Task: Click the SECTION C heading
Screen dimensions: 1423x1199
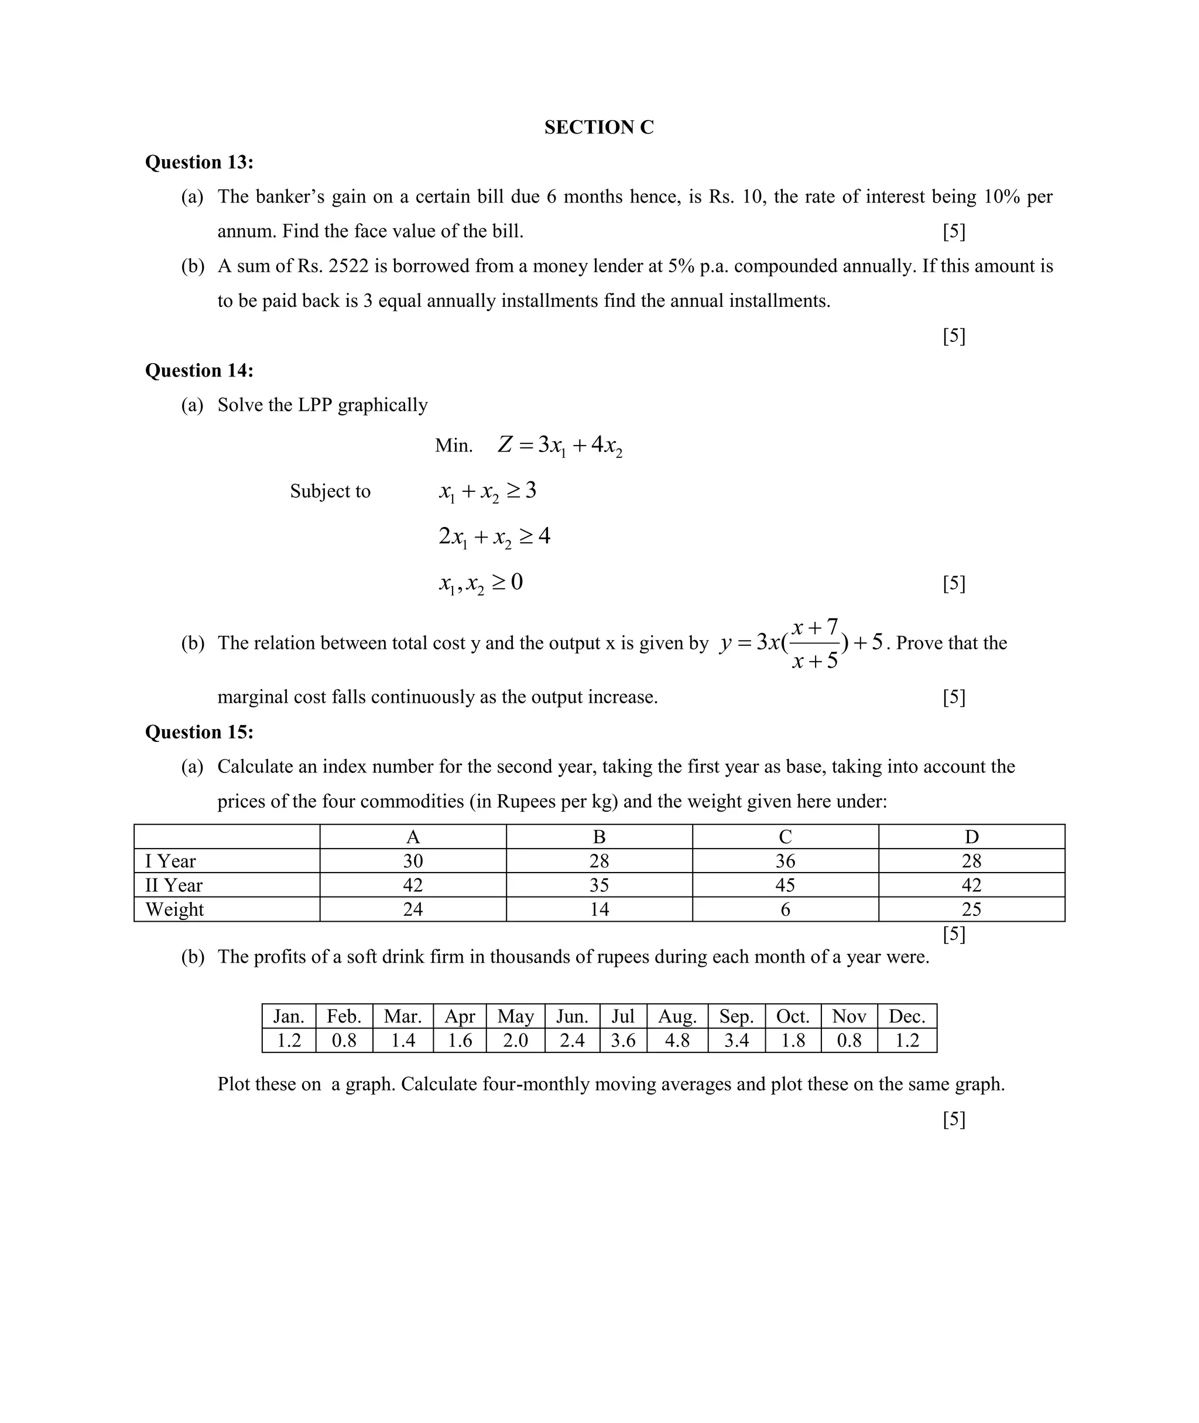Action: click(x=598, y=127)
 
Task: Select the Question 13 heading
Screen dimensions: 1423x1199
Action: click(x=199, y=162)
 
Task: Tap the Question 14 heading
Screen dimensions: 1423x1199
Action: click(x=199, y=370)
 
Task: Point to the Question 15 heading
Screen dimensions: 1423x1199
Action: click(x=199, y=731)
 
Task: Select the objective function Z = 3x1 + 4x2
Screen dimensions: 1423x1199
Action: click(x=560, y=445)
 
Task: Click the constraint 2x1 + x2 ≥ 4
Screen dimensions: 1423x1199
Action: click(x=494, y=536)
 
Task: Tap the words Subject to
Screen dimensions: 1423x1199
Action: click(x=330, y=491)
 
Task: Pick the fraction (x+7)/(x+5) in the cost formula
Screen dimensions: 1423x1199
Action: click(x=815, y=643)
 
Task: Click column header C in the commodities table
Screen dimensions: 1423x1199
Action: click(x=785, y=836)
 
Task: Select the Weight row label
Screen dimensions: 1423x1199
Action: click(x=174, y=909)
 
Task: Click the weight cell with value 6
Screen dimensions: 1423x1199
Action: click(x=785, y=909)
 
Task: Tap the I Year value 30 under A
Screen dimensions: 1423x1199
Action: click(x=413, y=861)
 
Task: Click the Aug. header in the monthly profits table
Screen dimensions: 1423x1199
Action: click(x=677, y=1016)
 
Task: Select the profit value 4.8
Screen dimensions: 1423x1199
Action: click(x=677, y=1040)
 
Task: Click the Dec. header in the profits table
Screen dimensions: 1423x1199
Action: click(x=907, y=1016)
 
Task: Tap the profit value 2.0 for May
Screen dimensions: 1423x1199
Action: click(x=515, y=1040)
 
